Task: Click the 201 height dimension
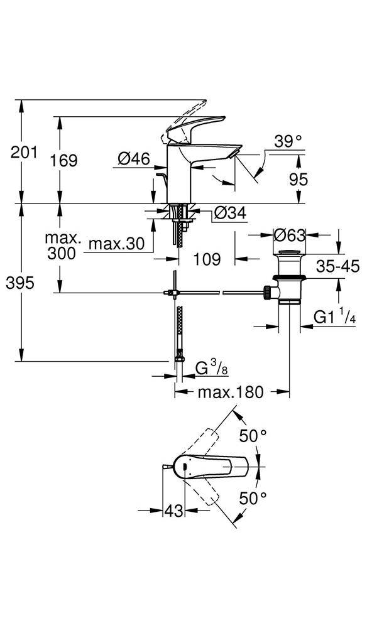click(x=24, y=153)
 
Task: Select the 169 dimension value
click(x=63, y=161)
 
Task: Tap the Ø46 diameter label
click(x=133, y=160)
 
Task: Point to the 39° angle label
click(x=288, y=141)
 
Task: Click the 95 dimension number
click(x=299, y=180)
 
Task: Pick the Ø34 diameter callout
click(x=229, y=213)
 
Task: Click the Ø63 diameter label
click(x=289, y=235)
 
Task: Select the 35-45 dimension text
click(x=337, y=266)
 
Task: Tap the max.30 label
click(x=116, y=244)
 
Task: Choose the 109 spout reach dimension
click(x=207, y=259)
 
